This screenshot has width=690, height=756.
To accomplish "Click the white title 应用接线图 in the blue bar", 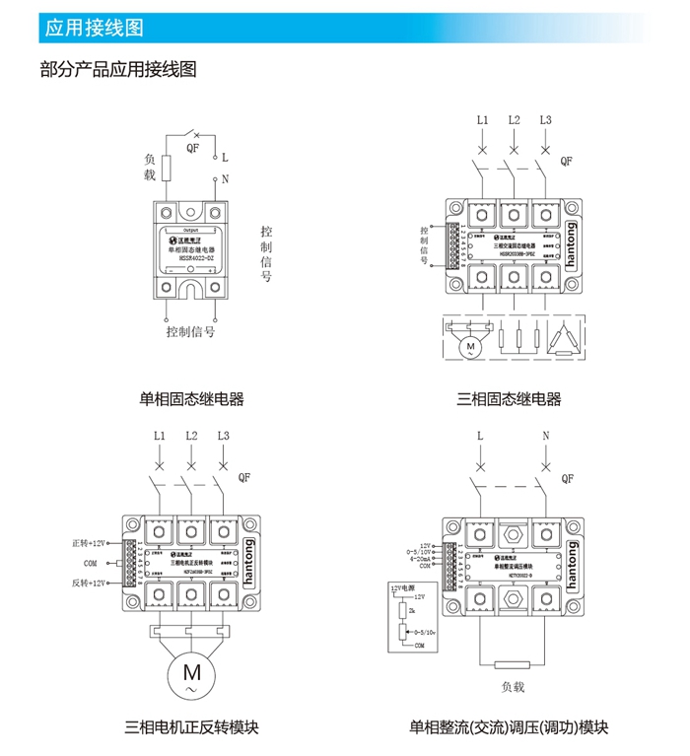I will (95, 28).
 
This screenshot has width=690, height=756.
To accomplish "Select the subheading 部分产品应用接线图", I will (118, 69).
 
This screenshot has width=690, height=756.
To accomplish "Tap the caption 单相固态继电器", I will (192, 398).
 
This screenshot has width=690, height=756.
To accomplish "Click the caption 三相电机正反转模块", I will (192, 728).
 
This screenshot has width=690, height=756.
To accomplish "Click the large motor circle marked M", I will (191, 672).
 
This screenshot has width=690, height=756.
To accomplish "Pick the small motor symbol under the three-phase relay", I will (470, 346).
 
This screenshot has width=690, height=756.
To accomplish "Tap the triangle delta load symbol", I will (565, 338).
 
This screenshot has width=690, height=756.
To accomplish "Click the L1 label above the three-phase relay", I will (482, 120).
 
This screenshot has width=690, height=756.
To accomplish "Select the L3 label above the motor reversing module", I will (223, 436).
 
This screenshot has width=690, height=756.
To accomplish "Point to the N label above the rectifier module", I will (545, 436).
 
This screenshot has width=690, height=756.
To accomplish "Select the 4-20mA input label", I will (419, 559).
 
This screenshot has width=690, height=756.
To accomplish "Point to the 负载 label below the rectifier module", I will (513, 686).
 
